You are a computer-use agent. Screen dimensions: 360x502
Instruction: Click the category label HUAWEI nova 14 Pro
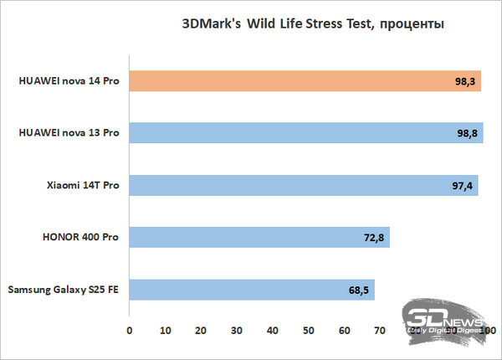[x=68, y=81]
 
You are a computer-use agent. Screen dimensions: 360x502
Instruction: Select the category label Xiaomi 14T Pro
[x=82, y=185]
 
